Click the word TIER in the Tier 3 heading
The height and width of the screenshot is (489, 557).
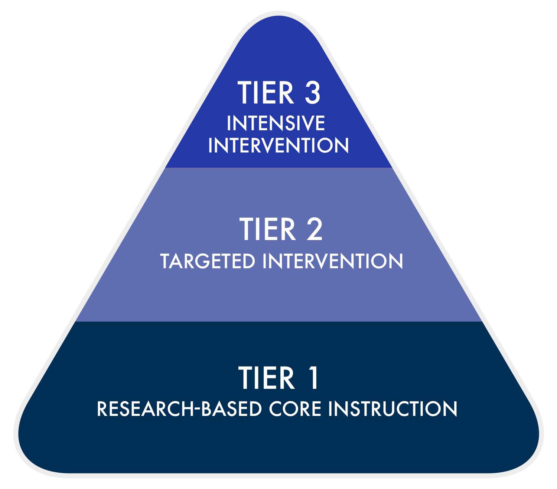pos(266,92)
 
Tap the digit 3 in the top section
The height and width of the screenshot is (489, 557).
pos(313,92)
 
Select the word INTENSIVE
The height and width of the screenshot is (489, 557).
pos(276,123)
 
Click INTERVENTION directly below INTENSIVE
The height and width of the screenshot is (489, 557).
pos(278,145)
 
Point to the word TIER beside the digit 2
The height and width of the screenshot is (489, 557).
pos(267,229)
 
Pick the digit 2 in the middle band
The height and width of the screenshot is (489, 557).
pos(314,229)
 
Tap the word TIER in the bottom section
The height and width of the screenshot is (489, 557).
pos(267,378)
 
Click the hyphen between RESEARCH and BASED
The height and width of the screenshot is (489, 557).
pos(198,410)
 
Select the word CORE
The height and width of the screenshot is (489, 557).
pos(295,409)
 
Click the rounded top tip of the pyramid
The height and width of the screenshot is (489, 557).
pos(278,16)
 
